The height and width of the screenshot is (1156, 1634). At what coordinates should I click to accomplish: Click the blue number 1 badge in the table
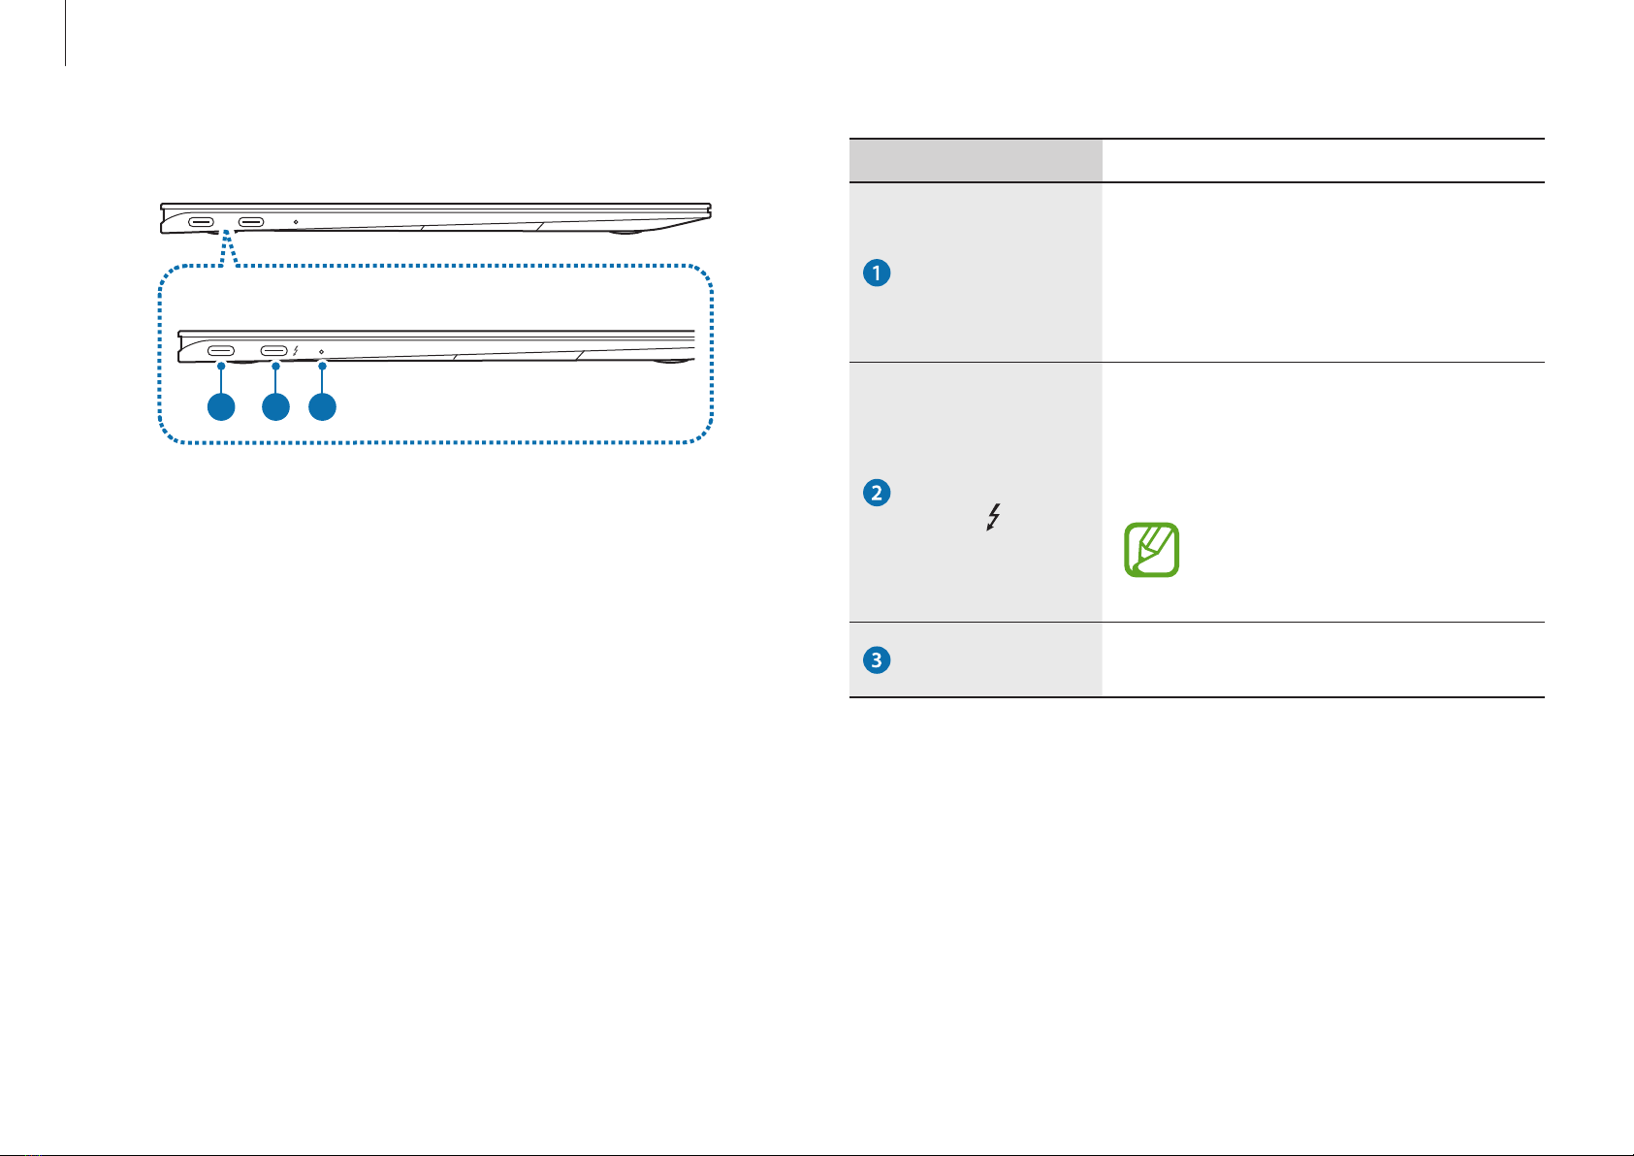(877, 273)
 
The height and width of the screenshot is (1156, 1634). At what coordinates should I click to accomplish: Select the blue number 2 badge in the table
(877, 493)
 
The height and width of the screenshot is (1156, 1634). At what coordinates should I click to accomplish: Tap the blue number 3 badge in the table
(877, 660)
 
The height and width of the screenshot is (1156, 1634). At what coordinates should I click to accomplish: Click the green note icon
(1152, 550)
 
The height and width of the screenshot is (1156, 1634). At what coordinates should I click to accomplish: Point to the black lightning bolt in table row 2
(994, 516)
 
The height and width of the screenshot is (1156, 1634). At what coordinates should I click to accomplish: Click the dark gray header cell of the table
(976, 160)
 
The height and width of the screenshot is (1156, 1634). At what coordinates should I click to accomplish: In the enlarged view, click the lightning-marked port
(274, 351)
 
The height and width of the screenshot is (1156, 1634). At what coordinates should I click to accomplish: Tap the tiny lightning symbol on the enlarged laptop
(296, 351)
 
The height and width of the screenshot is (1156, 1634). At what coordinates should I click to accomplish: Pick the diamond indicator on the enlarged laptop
(321, 351)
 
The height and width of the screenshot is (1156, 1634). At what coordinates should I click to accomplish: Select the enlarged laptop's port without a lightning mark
(221, 351)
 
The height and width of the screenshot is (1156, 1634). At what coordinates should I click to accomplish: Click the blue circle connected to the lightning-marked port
(275, 407)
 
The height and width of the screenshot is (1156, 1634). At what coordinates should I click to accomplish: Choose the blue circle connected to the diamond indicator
(322, 407)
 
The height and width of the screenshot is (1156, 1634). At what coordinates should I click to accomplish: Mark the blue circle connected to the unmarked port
(221, 407)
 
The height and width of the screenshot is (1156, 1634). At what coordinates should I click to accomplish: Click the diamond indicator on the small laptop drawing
(296, 222)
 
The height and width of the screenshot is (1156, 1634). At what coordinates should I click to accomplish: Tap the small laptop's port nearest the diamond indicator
(251, 222)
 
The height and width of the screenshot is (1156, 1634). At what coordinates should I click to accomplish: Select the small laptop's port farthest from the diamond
(202, 222)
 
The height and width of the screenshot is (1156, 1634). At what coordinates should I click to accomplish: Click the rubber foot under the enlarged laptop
(672, 361)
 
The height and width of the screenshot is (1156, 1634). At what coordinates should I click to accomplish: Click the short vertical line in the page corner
(66, 33)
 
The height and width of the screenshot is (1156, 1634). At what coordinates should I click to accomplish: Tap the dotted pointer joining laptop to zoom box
(228, 248)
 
